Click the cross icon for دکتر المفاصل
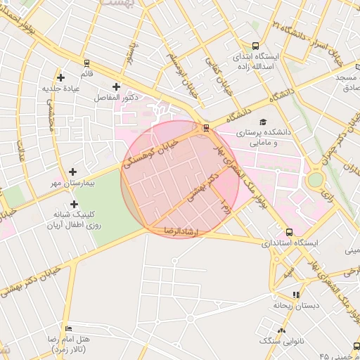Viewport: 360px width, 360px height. [117, 86]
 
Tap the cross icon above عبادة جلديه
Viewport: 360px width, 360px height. [60, 77]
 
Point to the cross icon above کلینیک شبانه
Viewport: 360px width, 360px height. [75, 203]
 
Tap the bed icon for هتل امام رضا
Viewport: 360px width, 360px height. [68, 328]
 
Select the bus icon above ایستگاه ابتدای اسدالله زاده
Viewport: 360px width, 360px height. [255, 44]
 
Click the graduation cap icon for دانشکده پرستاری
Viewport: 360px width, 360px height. [263, 121]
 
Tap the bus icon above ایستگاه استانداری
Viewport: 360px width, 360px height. [289, 232]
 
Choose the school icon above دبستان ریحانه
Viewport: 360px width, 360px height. [296, 295]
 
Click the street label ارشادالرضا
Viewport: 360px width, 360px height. [182, 231]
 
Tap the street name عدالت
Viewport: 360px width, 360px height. [21, 149]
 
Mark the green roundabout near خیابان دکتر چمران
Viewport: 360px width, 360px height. [315, 179]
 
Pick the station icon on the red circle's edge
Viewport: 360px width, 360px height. [205, 128]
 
